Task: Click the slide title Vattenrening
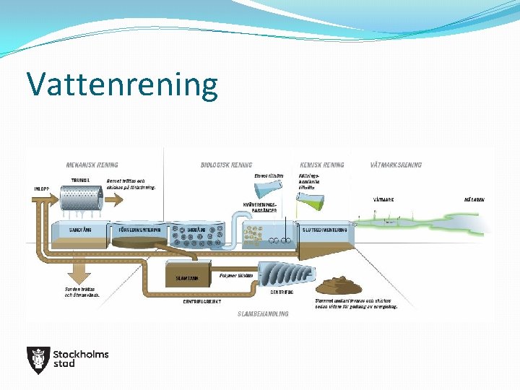click(122, 84)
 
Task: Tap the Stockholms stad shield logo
click(38, 360)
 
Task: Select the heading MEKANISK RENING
click(92, 165)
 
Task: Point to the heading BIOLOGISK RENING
click(225, 165)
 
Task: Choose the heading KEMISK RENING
click(321, 165)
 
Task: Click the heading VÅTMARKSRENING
click(396, 165)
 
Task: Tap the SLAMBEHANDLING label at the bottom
click(263, 314)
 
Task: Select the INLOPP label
click(42, 189)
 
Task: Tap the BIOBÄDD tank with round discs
click(198, 235)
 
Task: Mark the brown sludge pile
click(346, 286)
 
